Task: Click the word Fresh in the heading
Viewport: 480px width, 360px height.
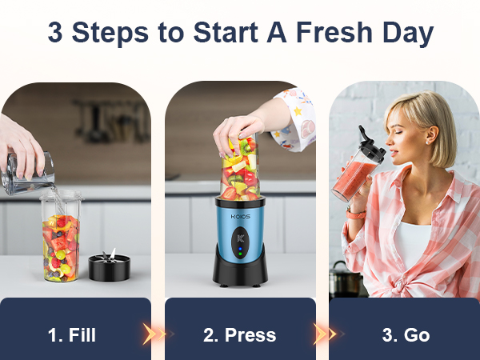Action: [x=330, y=33]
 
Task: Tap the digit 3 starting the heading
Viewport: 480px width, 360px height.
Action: [x=55, y=33]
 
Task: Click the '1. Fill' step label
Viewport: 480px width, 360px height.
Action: [x=72, y=334]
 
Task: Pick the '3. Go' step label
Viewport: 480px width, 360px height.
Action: [x=406, y=334]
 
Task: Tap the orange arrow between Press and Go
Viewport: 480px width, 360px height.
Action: [x=323, y=334]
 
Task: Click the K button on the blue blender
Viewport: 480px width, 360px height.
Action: [x=239, y=237]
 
